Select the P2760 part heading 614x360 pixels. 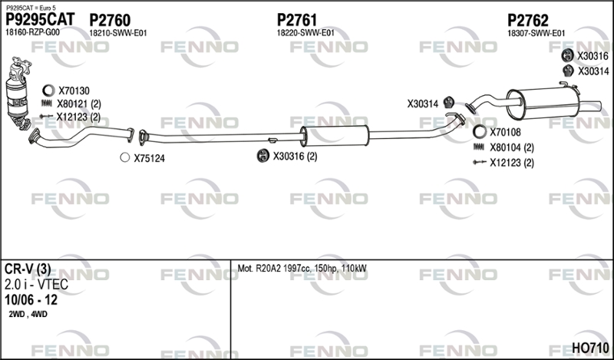110,19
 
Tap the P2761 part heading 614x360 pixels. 297,19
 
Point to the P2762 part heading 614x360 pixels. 527,19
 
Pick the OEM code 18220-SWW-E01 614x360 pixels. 305,33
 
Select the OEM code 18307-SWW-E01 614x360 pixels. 536,33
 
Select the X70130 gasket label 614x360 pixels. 74,90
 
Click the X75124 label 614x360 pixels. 149,158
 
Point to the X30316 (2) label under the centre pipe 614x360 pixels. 295,156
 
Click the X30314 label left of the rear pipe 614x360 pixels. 422,104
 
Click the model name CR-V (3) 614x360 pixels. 28,269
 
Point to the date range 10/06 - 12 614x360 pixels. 30,300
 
